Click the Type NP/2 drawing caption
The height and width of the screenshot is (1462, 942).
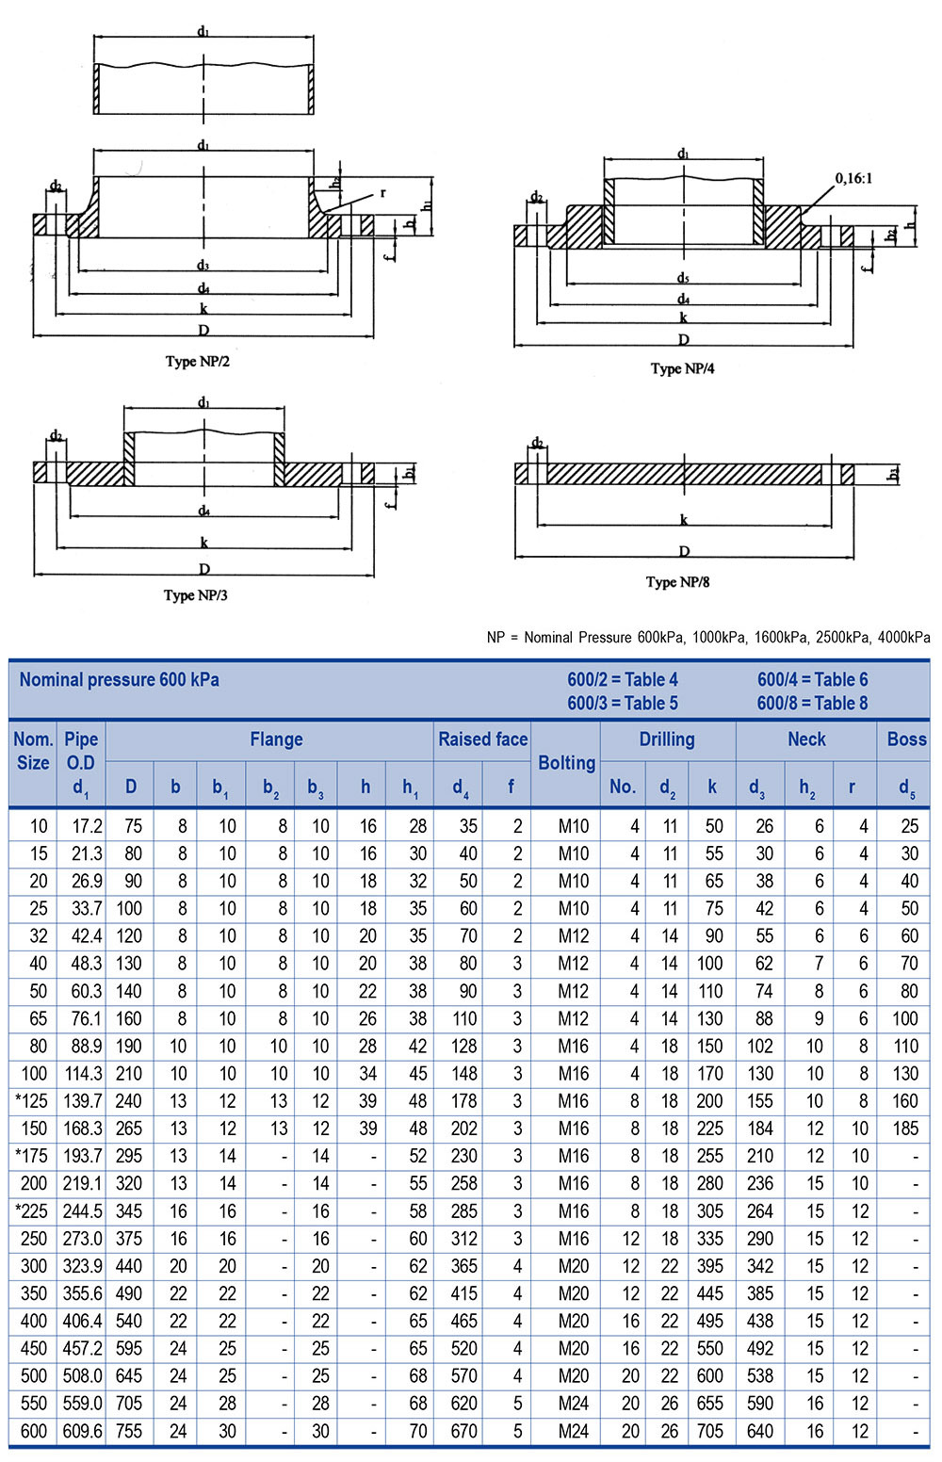click(x=197, y=362)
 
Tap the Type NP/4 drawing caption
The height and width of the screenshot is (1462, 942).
click(x=682, y=369)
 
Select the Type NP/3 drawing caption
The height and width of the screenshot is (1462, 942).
click(x=195, y=595)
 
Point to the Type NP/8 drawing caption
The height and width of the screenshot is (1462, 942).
click(x=677, y=582)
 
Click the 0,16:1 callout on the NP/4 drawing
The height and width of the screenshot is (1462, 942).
click(x=853, y=178)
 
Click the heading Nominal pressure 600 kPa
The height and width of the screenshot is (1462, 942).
click(x=119, y=680)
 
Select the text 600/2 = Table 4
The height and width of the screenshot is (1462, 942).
click(x=622, y=680)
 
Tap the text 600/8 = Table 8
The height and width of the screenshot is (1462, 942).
click(x=812, y=704)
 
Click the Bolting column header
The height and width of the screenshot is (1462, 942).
click(x=566, y=763)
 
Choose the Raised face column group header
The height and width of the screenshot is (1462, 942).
click(x=482, y=740)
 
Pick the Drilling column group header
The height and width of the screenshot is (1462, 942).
click(x=666, y=740)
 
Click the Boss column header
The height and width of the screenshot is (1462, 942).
click(x=906, y=740)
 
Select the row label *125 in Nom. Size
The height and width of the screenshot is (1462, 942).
click(x=31, y=1101)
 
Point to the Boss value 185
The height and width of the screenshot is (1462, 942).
click(x=904, y=1129)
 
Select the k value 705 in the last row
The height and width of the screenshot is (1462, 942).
click(x=709, y=1431)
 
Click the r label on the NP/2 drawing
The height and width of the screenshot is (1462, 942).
click(x=382, y=193)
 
